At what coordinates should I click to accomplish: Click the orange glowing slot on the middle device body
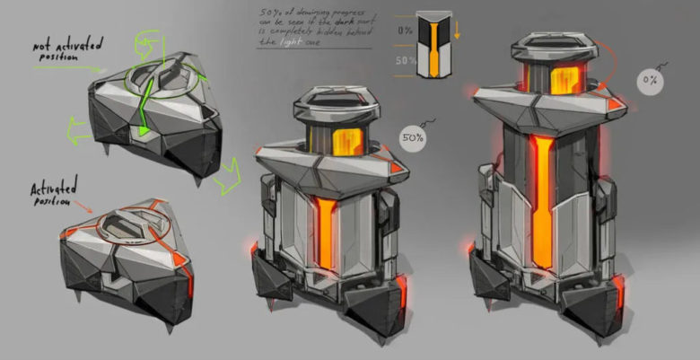(x=324, y=237)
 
